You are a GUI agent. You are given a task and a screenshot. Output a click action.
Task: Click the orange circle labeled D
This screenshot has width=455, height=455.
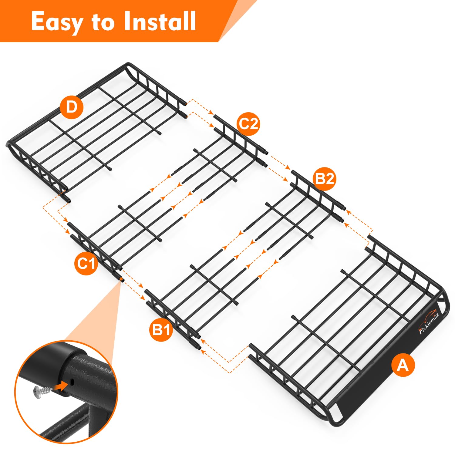[x=72, y=107]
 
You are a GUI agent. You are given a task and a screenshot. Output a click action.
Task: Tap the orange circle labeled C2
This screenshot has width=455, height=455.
[x=248, y=124]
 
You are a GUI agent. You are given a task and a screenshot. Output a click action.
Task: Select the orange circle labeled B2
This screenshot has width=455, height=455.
[x=325, y=179]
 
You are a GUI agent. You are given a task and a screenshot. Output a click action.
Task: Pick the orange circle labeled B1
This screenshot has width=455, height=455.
[x=161, y=329]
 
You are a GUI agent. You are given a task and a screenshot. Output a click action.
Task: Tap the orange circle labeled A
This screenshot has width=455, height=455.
[x=403, y=365]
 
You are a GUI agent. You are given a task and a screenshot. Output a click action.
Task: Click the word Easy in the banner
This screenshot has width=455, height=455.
[x=57, y=22]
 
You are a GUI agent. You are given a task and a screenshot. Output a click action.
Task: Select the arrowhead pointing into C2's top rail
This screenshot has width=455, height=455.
[x=211, y=113]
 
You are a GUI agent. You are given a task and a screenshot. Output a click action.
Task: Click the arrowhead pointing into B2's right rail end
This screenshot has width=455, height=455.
[x=348, y=210]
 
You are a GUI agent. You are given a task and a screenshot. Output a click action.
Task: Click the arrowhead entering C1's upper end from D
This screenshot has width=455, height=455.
[x=66, y=221]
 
